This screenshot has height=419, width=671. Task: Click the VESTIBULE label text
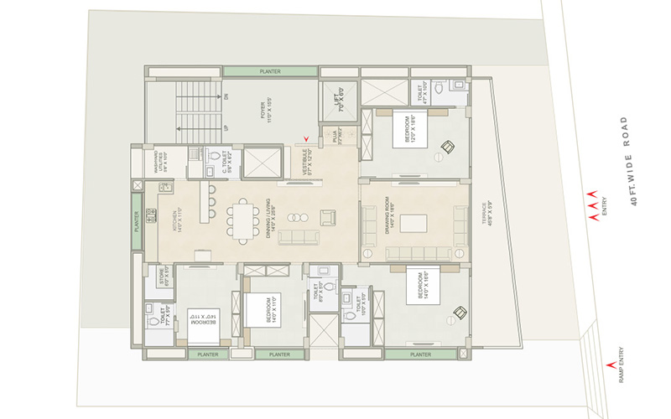point(310,160)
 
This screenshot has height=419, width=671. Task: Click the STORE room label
point(165,277)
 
